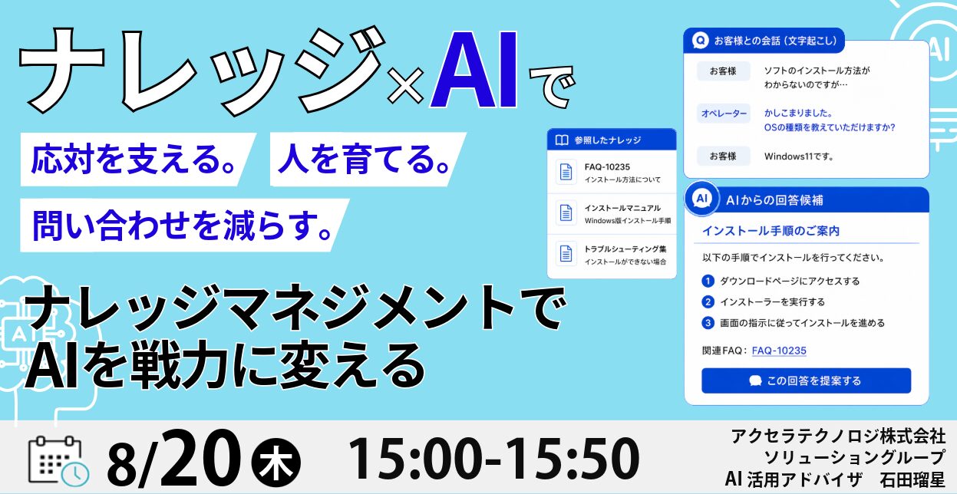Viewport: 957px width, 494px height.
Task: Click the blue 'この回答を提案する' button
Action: (x=806, y=380)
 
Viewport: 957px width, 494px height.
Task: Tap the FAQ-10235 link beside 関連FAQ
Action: (x=779, y=351)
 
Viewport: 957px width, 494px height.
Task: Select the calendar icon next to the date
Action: (x=58, y=462)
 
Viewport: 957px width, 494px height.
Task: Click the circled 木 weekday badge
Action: (x=276, y=463)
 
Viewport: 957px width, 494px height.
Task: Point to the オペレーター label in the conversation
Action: (x=724, y=114)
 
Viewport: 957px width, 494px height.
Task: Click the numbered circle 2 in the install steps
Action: (x=708, y=302)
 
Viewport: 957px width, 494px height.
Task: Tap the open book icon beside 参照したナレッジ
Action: (x=561, y=140)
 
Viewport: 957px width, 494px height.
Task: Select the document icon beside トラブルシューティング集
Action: (x=566, y=254)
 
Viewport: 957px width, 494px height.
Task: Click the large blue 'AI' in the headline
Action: (x=474, y=70)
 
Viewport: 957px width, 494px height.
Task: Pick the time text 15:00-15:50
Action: (x=494, y=459)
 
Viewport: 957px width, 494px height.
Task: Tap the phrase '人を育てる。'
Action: (x=364, y=160)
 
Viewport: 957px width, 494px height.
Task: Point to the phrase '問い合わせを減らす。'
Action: (x=183, y=225)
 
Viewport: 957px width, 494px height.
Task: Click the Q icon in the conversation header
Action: (x=700, y=41)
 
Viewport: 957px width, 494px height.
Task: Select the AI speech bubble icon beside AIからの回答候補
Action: (x=701, y=199)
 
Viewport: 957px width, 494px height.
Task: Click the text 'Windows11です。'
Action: (x=799, y=156)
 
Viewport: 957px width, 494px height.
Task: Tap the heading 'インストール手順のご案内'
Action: (x=771, y=231)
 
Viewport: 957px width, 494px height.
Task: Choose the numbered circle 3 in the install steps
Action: (x=708, y=323)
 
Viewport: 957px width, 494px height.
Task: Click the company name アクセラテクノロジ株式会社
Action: (x=838, y=436)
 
